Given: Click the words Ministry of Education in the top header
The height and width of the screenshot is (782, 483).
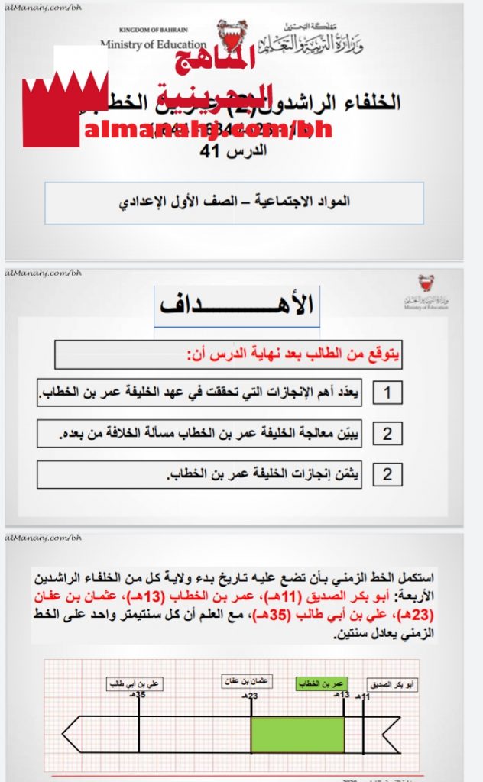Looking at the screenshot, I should tap(153, 44).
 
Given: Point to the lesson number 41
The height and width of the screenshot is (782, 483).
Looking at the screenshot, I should tap(230, 150).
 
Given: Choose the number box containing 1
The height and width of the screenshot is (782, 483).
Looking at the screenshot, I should tap(387, 393).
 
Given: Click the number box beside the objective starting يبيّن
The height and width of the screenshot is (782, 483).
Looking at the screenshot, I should tap(387, 434).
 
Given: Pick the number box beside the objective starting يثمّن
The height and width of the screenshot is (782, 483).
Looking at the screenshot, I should tap(387, 474).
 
